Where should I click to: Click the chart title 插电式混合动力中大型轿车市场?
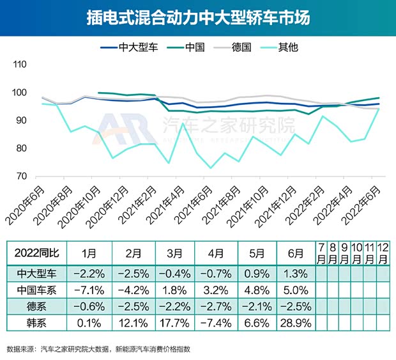[x=198, y=17]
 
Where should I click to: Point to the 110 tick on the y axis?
[x=20, y=65]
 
